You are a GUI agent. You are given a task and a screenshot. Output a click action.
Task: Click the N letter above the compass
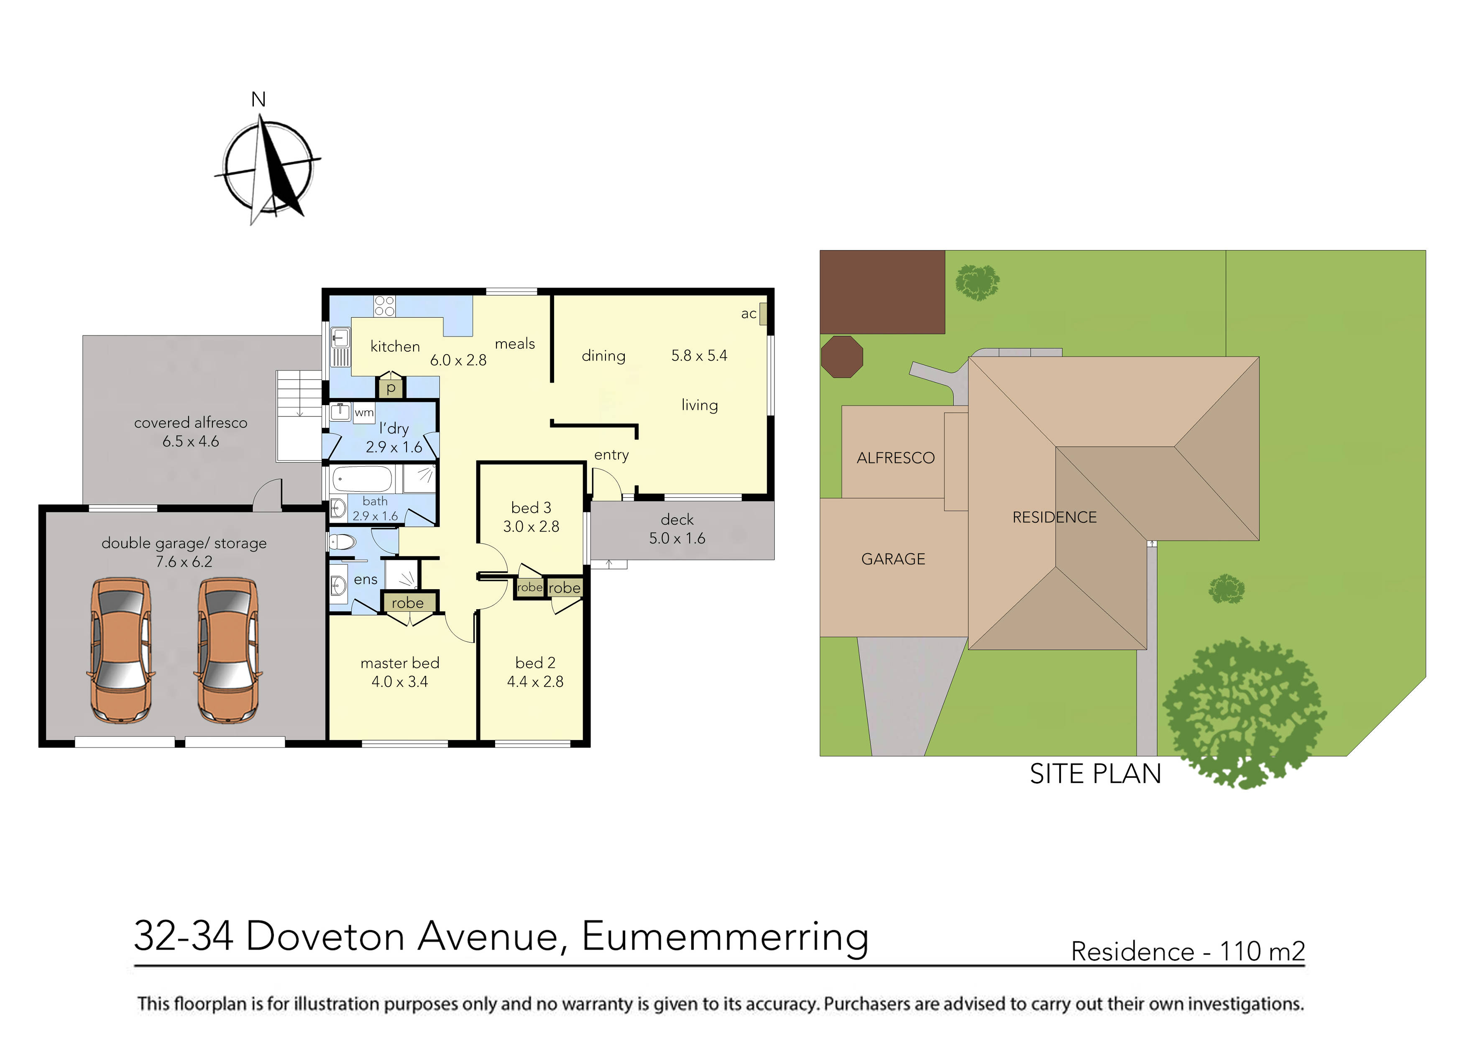pos(258,100)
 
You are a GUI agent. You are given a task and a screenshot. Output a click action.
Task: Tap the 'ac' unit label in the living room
pos(748,314)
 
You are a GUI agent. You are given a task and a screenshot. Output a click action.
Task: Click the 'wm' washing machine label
pos(363,413)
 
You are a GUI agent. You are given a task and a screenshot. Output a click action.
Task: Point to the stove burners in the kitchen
pos(385,306)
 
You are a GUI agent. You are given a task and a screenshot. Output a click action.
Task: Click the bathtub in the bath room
pos(362,478)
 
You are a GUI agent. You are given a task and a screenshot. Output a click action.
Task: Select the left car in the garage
pos(121,651)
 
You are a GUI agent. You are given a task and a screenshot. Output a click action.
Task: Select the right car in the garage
pos(228,651)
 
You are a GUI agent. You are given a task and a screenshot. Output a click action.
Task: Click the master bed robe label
pos(408,603)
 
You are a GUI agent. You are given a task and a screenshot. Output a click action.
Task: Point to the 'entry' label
pos(611,455)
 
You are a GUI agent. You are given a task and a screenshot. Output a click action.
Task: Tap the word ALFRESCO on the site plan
pos(895,458)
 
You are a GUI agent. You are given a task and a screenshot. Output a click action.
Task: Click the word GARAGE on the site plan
pos(892,559)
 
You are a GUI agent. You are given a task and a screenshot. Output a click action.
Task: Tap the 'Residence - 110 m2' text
pos(1187,951)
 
